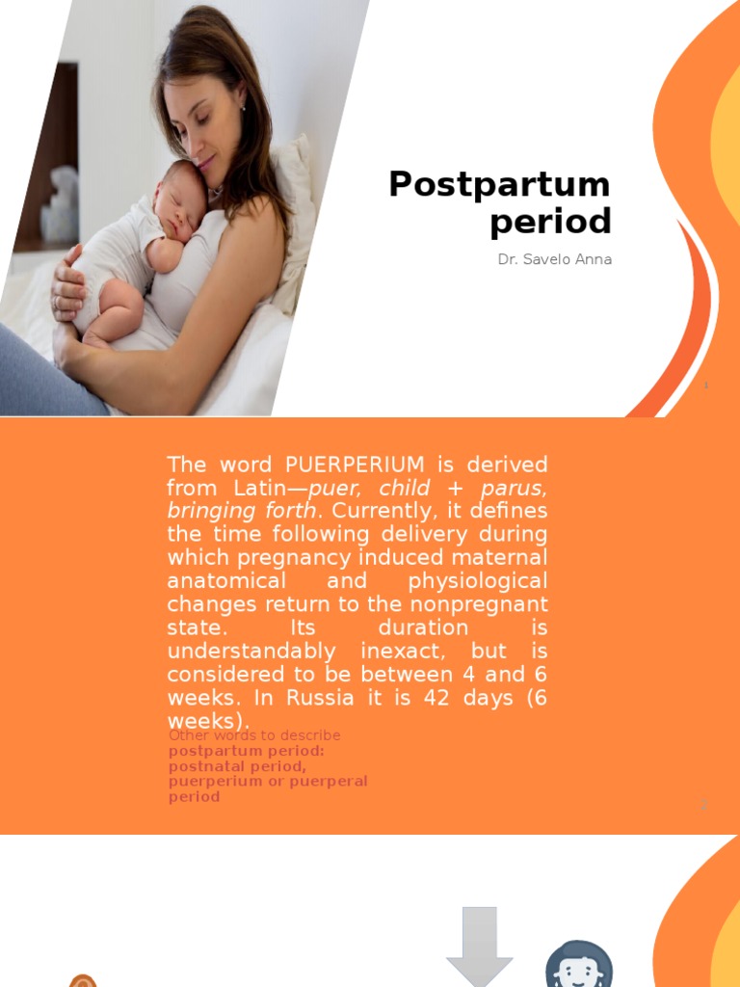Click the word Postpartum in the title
pyautogui.click(x=499, y=184)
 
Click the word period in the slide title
pyautogui.click(x=550, y=223)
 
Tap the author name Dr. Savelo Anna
pyautogui.click(x=554, y=259)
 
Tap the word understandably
pyautogui.click(x=251, y=651)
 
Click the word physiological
pyautogui.click(x=477, y=581)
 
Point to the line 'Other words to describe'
pyautogui.click(x=254, y=735)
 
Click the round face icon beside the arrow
pyautogui.click(x=578, y=964)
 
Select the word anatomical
pyautogui.click(x=226, y=581)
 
